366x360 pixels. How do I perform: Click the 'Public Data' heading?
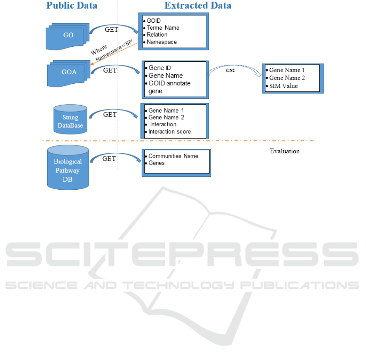point(71,5)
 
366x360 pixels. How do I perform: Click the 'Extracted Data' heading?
point(198,5)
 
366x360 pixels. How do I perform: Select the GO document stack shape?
point(67,37)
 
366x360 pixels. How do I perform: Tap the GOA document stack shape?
point(69,74)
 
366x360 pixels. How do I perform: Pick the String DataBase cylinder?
point(70,119)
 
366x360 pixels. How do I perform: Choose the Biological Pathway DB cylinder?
point(68,167)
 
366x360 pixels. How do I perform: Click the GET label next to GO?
point(112,30)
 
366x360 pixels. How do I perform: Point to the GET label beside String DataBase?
point(110,115)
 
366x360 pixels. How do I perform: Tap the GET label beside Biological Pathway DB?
point(109,159)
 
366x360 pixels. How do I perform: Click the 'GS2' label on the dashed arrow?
point(230,71)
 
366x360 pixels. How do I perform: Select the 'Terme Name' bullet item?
point(163,28)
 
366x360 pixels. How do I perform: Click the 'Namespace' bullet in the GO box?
point(162,42)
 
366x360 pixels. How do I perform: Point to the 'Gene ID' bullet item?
point(160,68)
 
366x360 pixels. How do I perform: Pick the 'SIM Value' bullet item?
point(284,86)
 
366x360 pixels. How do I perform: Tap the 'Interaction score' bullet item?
point(170,132)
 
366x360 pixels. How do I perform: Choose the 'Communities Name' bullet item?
point(173,156)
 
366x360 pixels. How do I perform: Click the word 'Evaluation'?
point(285,151)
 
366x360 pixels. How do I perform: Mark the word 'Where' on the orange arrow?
point(99,50)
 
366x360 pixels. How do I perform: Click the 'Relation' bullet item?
point(157,35)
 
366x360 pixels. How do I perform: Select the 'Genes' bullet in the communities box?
point(156,163)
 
